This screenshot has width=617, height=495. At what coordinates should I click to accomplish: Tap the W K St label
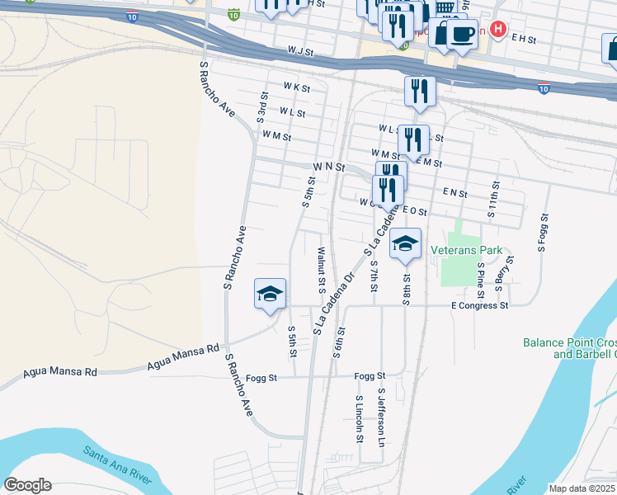295,87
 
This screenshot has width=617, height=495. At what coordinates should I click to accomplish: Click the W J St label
301,51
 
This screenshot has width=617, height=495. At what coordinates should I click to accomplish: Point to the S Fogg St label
543,230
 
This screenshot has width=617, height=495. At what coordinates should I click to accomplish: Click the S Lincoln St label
359,417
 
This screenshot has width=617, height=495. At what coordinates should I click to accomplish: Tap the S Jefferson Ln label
381,417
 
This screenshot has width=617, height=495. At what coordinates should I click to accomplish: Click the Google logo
27,485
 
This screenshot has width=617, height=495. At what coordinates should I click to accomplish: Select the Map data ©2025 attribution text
582,488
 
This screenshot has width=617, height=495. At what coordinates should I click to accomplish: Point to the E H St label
524,39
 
